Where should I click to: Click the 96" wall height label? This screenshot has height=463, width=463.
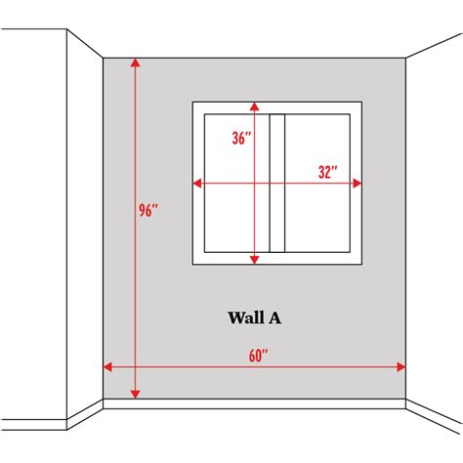(x=148, y=210)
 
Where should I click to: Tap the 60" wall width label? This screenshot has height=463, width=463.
(x=258, y=356)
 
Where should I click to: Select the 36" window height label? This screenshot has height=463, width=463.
(x=241, y=138)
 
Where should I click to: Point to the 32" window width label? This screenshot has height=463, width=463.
(x=327, y=172)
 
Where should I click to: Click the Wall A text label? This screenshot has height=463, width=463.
(x=255, y=317)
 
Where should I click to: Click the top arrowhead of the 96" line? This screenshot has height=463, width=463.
(x=135, y=63)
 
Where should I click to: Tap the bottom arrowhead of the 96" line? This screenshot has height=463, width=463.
(x=135, y=395)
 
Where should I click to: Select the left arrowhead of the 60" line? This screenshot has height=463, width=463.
(x=107, y=367)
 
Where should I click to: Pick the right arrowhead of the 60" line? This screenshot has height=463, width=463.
(x=401, y=367)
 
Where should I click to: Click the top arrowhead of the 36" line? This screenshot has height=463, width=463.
(x=254, y=106)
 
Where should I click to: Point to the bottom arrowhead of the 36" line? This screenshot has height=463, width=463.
(x=254, y=260)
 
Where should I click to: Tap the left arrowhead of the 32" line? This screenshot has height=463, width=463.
(x=197, y=184)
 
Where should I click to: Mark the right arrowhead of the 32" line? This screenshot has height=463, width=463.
(x=358, y=184)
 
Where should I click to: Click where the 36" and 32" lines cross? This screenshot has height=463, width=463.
(x=254, y=184)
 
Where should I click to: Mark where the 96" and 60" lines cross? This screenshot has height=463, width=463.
(x=135, y=367)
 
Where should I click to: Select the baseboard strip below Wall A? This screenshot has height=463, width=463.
(x=254, y=403)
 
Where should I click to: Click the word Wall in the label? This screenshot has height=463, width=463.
(x=245, y=317)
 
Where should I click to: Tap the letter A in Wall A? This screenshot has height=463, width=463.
(x=274, y=318)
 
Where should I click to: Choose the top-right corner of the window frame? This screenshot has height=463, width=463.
(x=361, y=102)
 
